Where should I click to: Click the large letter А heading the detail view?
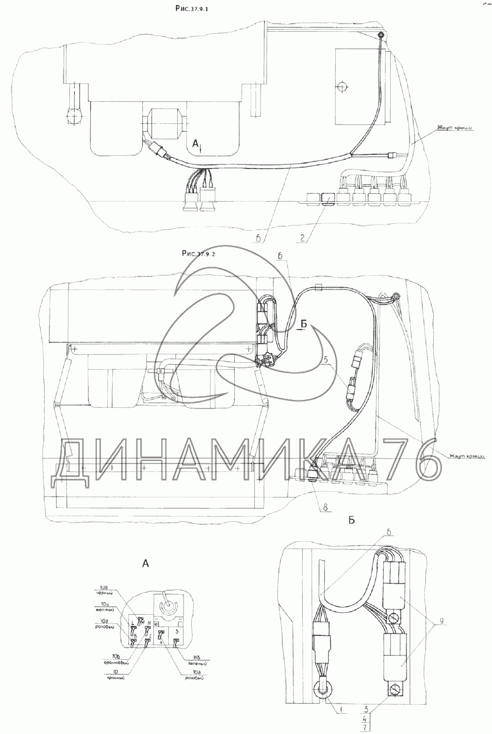pyautogui.click(x=145, y=564)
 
